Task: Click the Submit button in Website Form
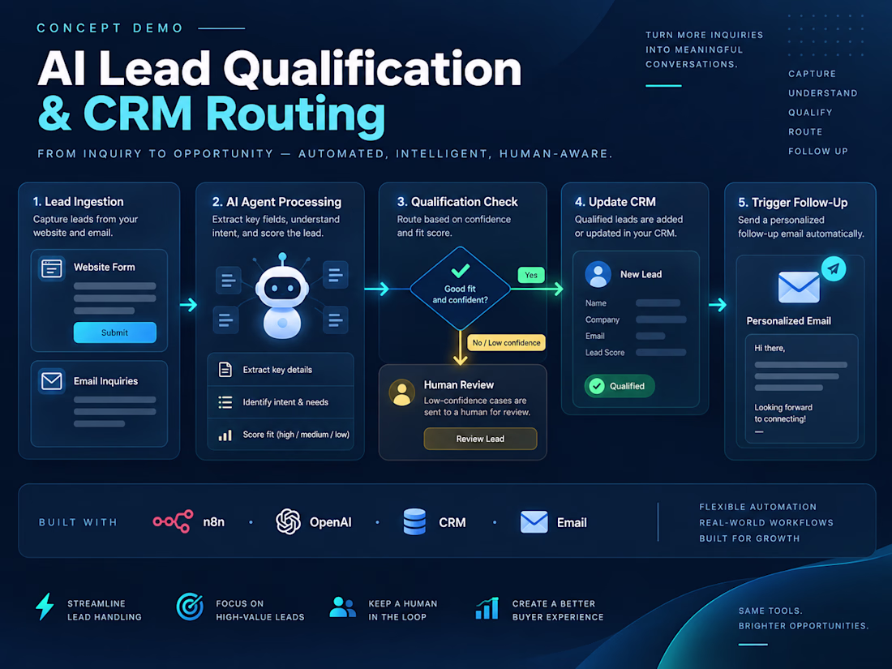(x=115, y=332)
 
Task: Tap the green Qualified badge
(x=620, y=386)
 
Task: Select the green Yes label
(x=531, y=276)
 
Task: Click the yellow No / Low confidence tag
(x=506, y=342)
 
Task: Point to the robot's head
(x=282, y=287)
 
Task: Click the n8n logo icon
(x=173, y=521)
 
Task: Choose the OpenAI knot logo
(x=289, y=521)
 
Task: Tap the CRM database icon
(x=414, y=521)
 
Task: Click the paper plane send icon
(x=834, y=268)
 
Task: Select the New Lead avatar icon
(x=598, y=274)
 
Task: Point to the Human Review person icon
(x=402, y=392)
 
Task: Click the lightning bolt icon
(x=45, y=607)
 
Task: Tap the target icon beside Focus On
(x=190, y=607)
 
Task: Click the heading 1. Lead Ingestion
(x=78, y=201)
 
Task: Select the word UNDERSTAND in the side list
(x=822, y=93)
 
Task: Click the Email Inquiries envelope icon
(x=52, y=380)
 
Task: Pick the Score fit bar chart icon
(x=225, y=435)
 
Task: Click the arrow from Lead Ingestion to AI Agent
(x=188, y=305)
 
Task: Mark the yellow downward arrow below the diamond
(x=461, y=347)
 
